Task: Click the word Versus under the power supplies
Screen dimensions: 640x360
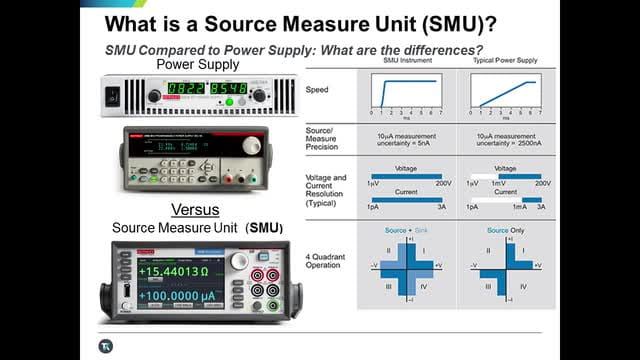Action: pyautogui.click(x=196, y=211)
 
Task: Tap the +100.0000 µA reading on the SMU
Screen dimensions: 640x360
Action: pyautogui.click(x=176, y=298)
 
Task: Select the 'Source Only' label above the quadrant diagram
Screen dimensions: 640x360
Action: pyautogui.click(x=506, y=230)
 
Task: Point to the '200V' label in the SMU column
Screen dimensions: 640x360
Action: pyautogui.click(x=444, y=184)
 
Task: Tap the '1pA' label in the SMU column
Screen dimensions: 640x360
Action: pyautogui.click(x=372, y=207)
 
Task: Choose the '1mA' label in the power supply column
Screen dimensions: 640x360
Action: pyautogui.click(x=519, y=207)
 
